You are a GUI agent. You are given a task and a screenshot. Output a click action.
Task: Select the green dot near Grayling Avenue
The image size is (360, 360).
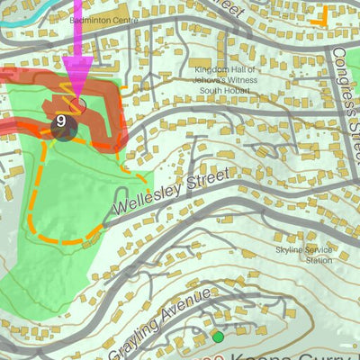tap(218, 337)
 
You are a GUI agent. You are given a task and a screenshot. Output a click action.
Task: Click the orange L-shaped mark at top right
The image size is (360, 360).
tap(317, 15)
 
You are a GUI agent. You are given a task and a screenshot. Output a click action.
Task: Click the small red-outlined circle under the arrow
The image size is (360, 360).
tap(81, 106)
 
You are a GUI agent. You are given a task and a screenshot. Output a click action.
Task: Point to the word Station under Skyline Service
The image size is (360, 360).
tap(319, 260)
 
